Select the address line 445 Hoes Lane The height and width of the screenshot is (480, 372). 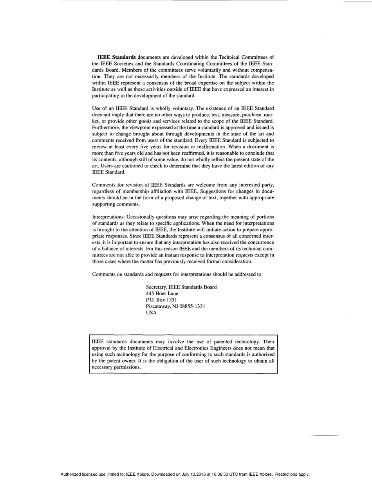coord(162,294)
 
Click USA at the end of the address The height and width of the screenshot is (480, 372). coord(151,312)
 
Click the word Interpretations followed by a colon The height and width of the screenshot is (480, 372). coord(108,217)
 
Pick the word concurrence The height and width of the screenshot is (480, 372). coord(259,242)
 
